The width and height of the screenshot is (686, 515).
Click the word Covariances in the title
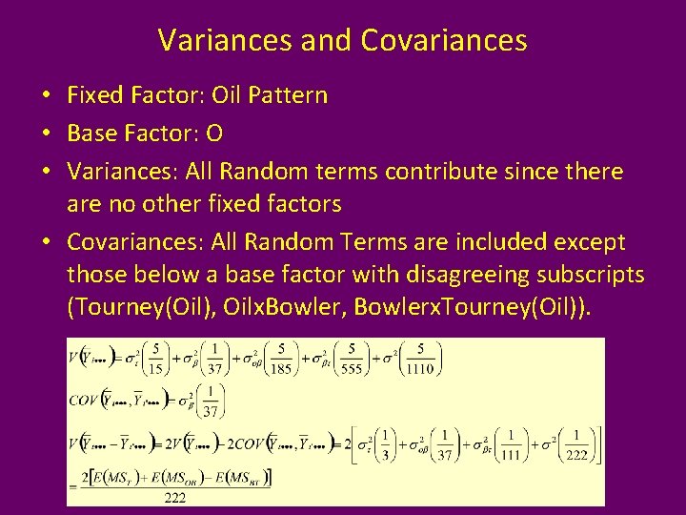click(444, 40)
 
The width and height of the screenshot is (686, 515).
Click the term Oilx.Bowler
click(294, 307)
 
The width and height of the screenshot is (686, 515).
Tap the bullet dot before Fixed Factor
click(46, 95)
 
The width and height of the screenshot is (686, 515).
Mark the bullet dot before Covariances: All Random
click(46, 242)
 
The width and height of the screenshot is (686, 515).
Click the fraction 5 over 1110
click(420, 359)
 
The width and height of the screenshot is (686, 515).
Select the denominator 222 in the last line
click(175, 497)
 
